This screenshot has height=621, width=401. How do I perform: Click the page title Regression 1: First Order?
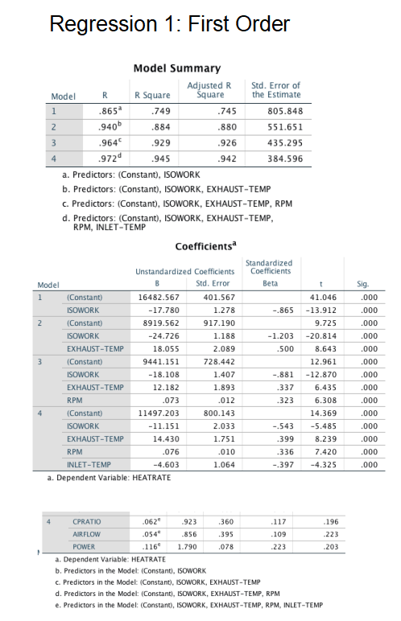point(169,24)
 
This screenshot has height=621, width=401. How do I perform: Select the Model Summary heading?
point(176,68)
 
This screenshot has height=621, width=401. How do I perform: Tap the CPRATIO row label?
point(86,522)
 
